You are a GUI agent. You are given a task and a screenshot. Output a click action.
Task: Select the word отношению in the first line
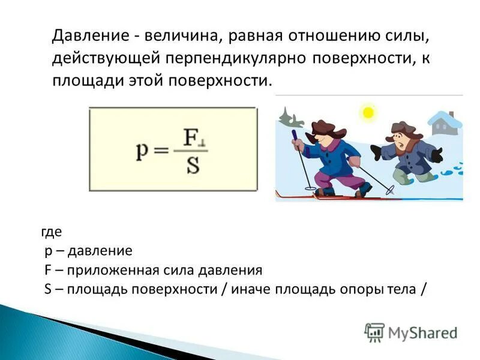325,35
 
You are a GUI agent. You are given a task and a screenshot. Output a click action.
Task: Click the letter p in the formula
142,149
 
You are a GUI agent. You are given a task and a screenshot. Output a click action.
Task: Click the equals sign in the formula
161,151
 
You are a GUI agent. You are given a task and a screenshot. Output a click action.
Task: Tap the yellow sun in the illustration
368,112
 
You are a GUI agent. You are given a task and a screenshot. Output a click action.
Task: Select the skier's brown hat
325,127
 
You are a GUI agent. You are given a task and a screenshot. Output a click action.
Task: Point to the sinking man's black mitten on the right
437,155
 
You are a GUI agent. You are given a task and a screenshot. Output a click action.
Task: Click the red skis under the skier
336,196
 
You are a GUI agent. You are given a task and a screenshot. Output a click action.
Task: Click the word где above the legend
52,231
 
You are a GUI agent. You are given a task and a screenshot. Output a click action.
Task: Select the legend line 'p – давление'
88,250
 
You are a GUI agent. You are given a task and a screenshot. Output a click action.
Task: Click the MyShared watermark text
422,332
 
